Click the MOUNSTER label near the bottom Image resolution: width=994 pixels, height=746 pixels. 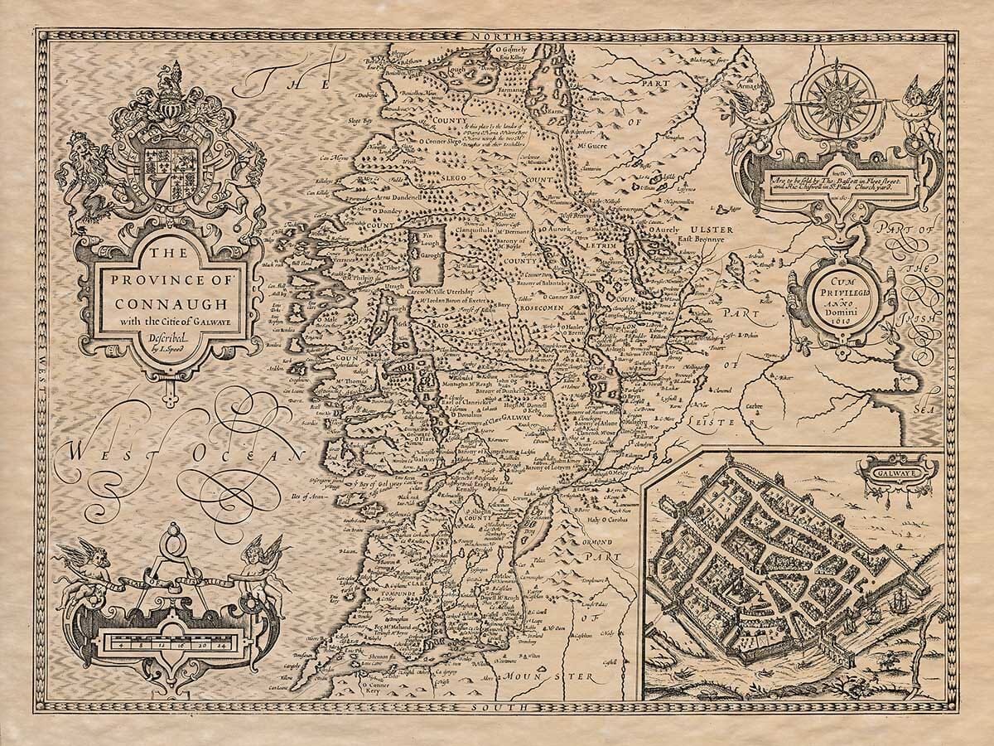tap(572, 677)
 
